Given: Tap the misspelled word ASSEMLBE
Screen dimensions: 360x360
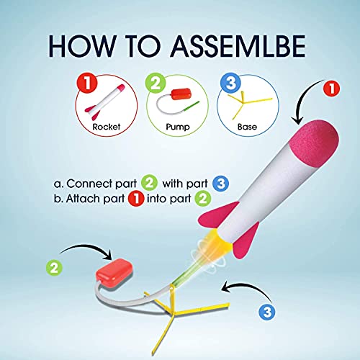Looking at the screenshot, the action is pyautogui.click(x=238, y=46).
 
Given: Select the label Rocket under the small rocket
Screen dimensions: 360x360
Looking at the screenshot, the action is pyautogui.click(x=107, y=127).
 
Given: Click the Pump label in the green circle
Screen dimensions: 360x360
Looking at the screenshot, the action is pyautogui.click(x=178, y=127).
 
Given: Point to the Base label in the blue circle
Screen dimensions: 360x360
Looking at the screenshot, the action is pyautogui.click(x=247, y=127).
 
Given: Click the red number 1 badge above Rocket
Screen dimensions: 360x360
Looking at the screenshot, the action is pyautogui.click(x=87, y=83).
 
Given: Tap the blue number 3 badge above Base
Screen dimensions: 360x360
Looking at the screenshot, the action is pyautogui.click(x=230, y=83).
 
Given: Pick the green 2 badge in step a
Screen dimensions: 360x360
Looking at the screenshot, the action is pyautogui.click(x=149, y=184).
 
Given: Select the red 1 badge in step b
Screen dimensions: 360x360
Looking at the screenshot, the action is pyautogui.click(x=136, y=199).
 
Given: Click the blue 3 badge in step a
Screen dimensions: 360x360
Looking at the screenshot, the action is pyautogui.click(x=220, y=184).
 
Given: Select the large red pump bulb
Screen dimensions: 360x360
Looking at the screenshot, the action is pyautogui.click(x=114, y=274).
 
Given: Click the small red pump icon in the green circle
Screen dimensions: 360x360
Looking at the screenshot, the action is pyautogui.click(x=181, y=94).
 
